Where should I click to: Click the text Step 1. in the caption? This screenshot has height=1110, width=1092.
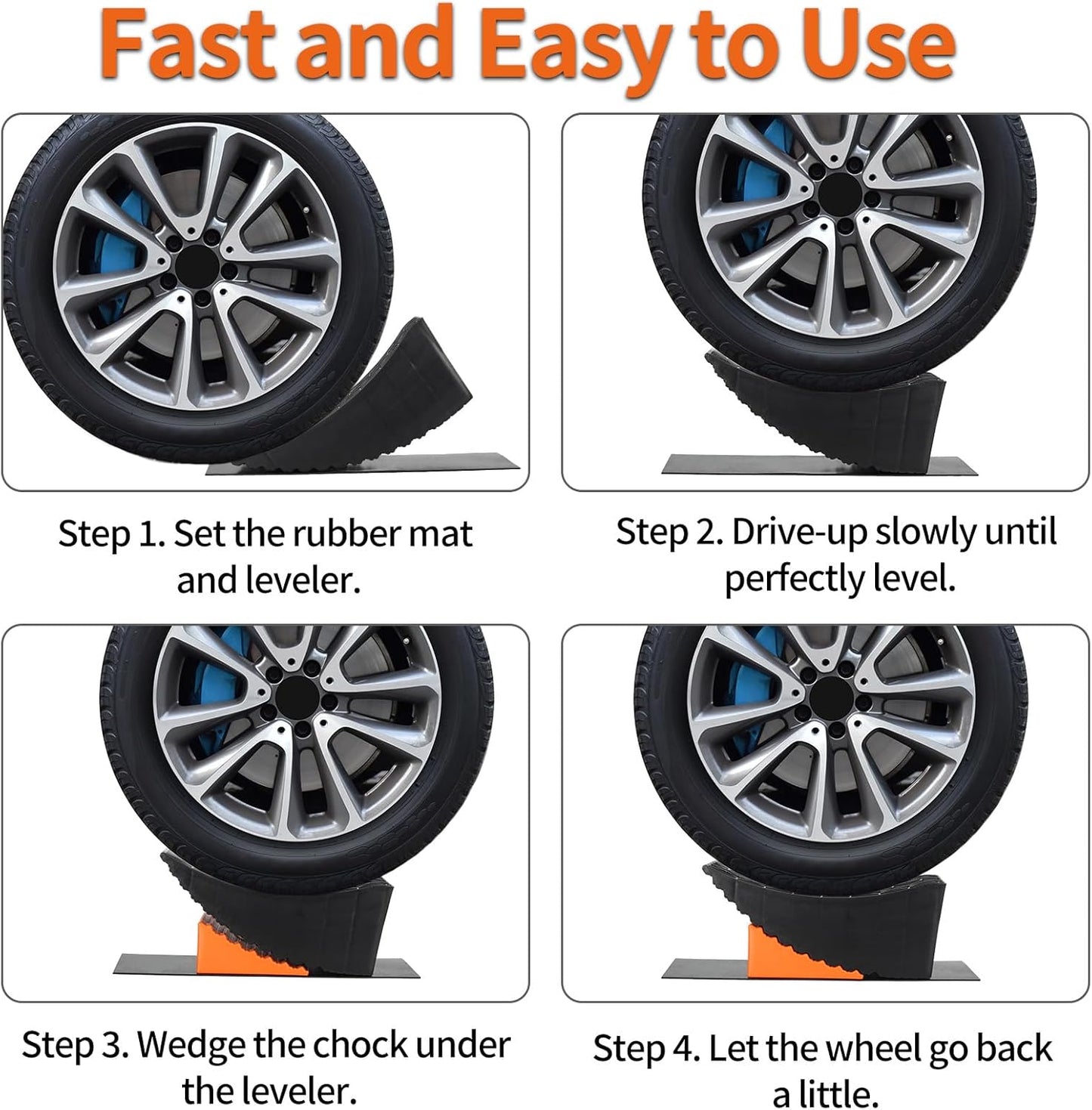click(111, 534)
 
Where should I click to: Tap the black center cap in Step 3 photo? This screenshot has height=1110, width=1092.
click(297, 694)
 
